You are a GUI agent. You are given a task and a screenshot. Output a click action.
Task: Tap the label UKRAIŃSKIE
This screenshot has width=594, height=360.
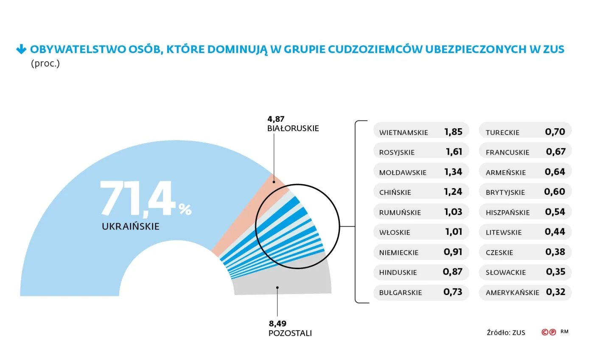131,226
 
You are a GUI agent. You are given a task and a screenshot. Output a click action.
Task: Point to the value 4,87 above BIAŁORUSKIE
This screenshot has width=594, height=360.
276,119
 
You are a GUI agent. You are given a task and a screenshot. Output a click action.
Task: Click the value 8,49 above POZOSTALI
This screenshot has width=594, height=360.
277,324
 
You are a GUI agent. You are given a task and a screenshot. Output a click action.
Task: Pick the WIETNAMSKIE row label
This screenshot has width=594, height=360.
403,132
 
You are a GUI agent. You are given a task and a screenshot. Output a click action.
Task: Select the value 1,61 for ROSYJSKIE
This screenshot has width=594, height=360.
454,152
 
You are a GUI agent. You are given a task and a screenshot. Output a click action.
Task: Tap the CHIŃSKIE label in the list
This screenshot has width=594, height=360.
395,192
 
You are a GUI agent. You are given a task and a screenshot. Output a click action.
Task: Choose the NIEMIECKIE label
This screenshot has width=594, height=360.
399,253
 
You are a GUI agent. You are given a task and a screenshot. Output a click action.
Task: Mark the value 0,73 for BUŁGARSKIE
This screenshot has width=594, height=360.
453,292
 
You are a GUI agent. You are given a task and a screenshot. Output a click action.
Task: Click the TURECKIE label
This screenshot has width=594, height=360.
502,132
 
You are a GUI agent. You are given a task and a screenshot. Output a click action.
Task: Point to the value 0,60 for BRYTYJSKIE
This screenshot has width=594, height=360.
555,192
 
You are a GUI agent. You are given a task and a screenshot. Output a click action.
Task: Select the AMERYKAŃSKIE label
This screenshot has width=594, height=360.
513,292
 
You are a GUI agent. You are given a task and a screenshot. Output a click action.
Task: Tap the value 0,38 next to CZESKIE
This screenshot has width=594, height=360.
555,252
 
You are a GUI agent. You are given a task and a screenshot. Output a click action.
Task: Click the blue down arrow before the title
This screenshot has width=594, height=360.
21,50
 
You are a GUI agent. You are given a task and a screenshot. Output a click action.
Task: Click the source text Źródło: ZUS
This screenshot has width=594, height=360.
506,332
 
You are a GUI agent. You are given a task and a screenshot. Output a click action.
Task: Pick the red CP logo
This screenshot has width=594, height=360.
549,332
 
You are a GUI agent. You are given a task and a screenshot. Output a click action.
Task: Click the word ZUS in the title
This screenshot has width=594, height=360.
554,49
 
